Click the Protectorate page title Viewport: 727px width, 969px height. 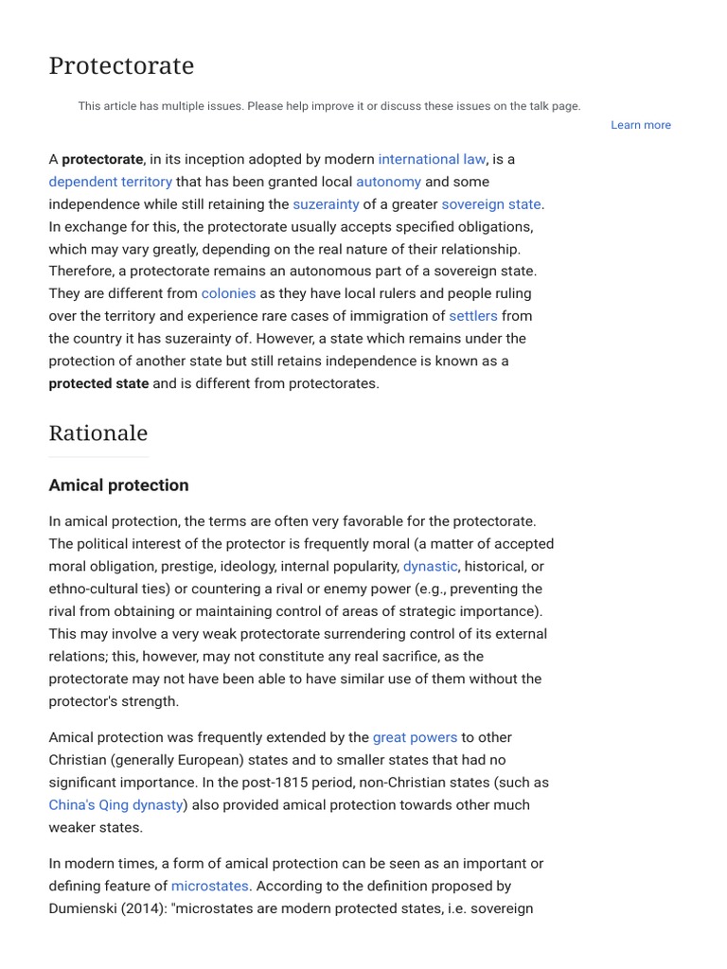coord(121,66)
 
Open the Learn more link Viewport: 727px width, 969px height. coord(640,125)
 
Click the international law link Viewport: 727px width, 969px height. coord(433,159)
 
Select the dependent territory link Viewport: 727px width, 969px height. coord(111,182)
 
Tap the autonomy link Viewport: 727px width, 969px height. coord(388,182)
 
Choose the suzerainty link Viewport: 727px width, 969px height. coord(326,204)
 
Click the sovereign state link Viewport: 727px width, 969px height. coord(491,204)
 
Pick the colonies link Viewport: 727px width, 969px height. coord(228,293)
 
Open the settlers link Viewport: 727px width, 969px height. coord(472,316)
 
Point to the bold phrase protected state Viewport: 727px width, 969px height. coord(98,383)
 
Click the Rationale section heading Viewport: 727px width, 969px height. coord(98,433)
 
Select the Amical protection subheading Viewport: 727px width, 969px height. coord(118,485)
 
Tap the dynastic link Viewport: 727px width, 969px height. coord(430,566)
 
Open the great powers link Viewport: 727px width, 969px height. coord(415,737)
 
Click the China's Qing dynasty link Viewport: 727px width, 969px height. coord(115,805)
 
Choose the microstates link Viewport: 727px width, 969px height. coord(209,887)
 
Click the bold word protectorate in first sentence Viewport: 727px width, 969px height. coord(102,159)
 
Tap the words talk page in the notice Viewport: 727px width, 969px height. coord(553,106)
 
